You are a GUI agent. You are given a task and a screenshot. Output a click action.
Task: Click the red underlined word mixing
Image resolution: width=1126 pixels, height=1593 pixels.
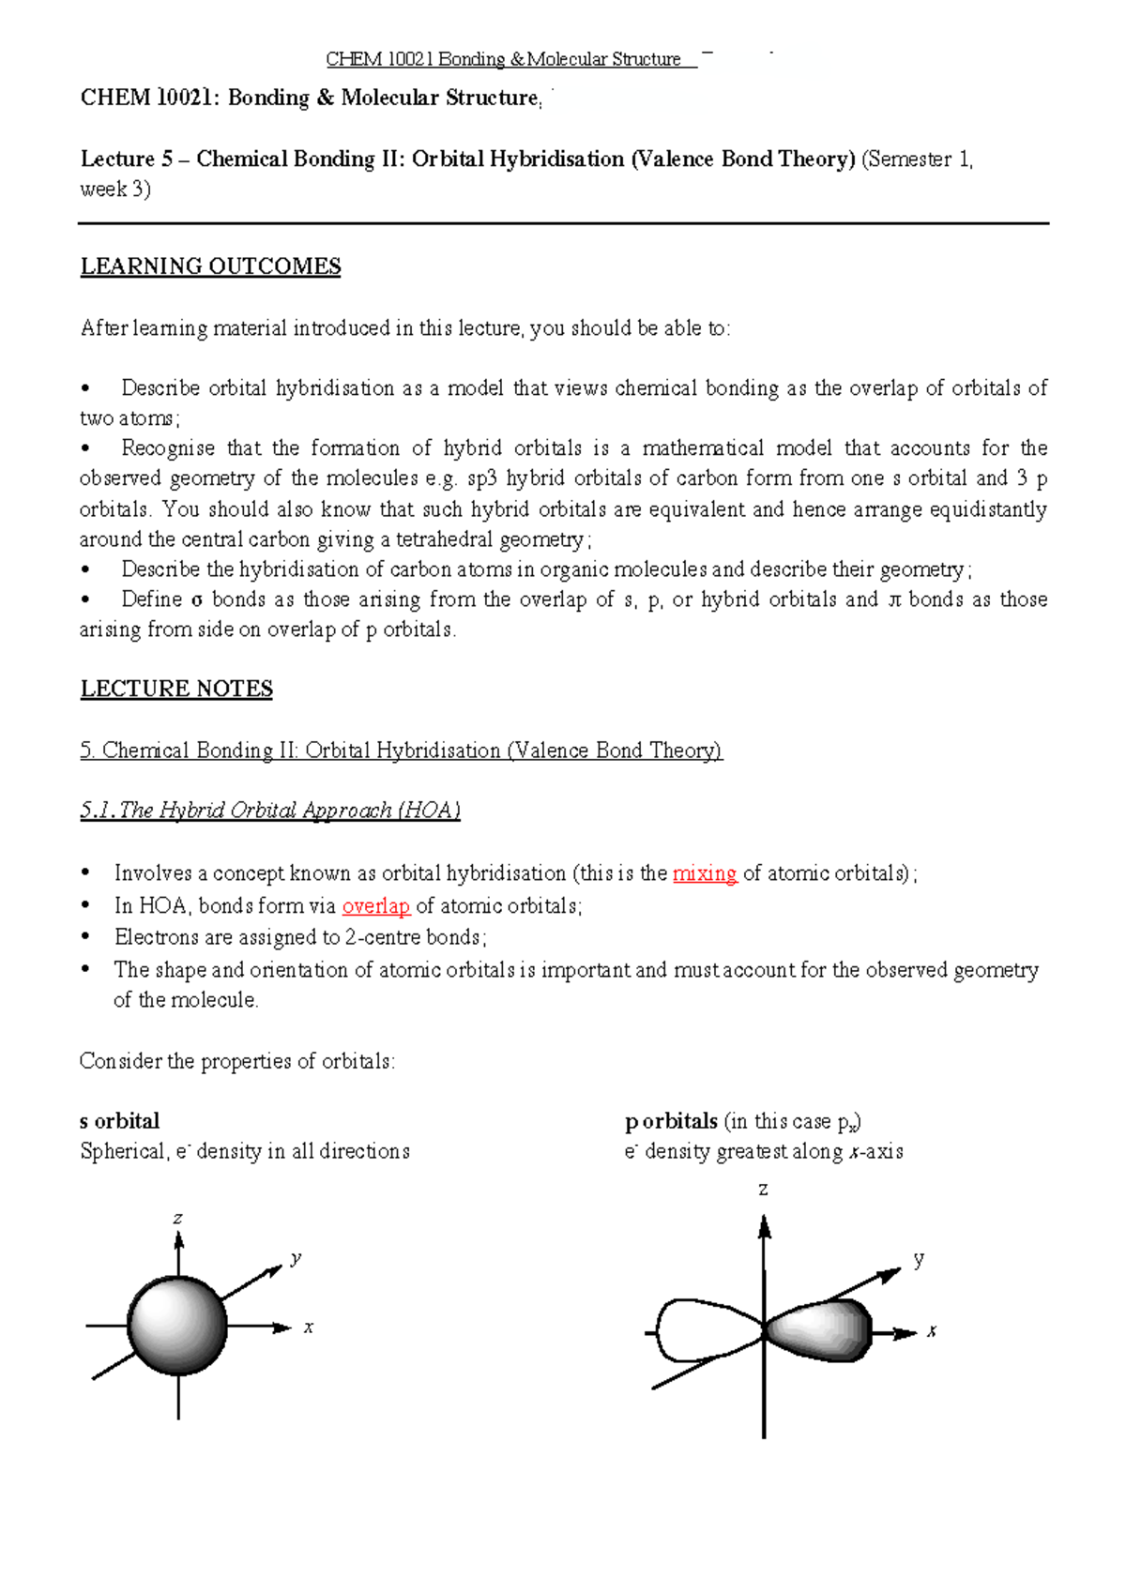(704, 873)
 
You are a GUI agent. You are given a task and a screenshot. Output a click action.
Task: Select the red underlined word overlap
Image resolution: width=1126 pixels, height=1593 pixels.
(375, 906)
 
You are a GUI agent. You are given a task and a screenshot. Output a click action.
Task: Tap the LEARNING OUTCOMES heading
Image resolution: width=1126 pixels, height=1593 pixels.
(210, 266)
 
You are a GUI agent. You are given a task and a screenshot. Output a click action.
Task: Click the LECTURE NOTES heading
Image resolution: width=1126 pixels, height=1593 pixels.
(176, 689)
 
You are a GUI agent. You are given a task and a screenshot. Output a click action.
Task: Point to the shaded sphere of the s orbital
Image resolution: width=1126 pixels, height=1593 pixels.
(177, 1327)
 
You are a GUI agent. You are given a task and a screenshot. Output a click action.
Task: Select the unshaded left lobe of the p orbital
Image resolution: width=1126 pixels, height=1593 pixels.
(700, 1330)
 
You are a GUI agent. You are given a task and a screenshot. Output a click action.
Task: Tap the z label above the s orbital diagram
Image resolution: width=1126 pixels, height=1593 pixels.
(177, 1219)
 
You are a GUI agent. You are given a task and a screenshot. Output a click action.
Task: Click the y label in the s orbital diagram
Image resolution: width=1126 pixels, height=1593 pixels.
(296, 1258)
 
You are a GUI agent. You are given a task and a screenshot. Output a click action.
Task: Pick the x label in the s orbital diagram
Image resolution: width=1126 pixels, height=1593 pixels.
(308, 1327)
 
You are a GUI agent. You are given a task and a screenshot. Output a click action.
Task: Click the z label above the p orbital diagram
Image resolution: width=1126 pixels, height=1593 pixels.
(763, 1190)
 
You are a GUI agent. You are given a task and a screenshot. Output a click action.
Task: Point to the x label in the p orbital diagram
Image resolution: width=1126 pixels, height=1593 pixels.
(931, 1331)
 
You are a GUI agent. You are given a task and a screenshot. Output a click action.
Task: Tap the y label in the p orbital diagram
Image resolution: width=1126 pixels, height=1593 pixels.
(919, 1259)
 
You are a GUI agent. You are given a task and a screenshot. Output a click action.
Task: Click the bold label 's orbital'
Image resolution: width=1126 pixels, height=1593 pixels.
(119, 1121)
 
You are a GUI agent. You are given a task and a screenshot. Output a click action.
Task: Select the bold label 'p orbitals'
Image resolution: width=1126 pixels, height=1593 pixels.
(671, 1121)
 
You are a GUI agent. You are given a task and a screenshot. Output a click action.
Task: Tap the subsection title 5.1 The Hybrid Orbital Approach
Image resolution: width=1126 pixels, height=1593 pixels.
(270, 811)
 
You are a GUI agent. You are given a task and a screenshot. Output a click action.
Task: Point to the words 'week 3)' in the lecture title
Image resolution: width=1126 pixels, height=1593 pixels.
(115, 190)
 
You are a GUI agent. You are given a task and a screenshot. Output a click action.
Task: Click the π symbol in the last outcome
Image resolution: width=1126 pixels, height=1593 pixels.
(894, 600)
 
